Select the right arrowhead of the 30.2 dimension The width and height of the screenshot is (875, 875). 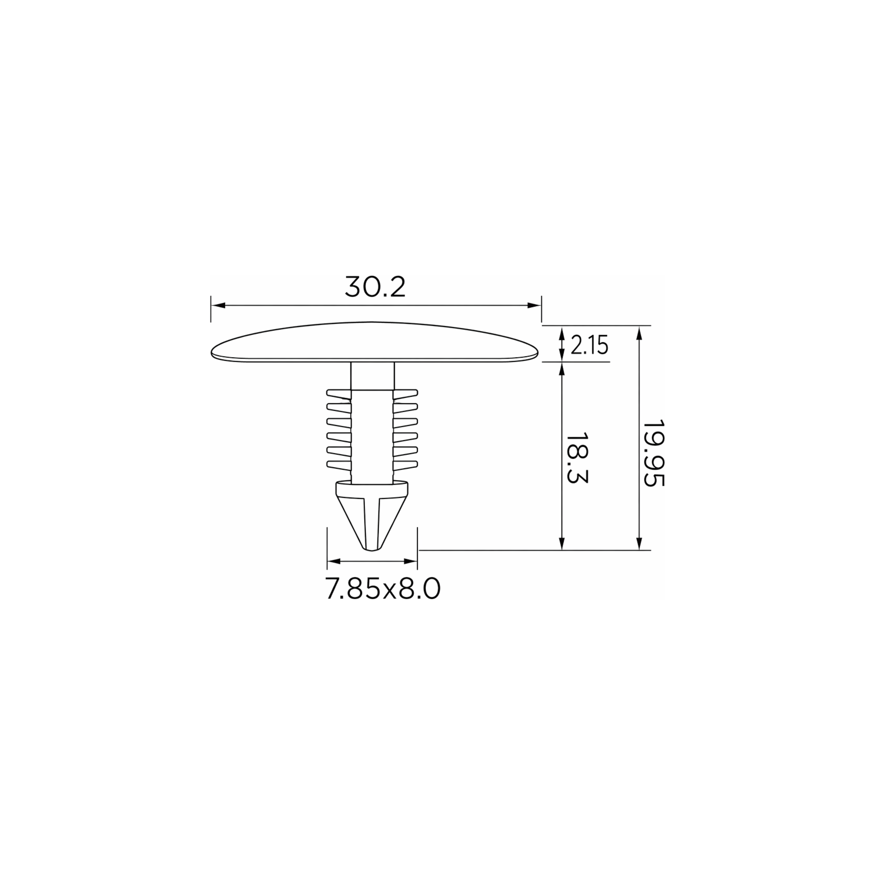(x=534, y=306)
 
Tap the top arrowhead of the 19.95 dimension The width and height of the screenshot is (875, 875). (x=639, y=333)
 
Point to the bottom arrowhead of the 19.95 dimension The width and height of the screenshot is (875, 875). (x=639, y=543)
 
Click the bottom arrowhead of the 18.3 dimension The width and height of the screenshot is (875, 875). (x=562, y=543)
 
